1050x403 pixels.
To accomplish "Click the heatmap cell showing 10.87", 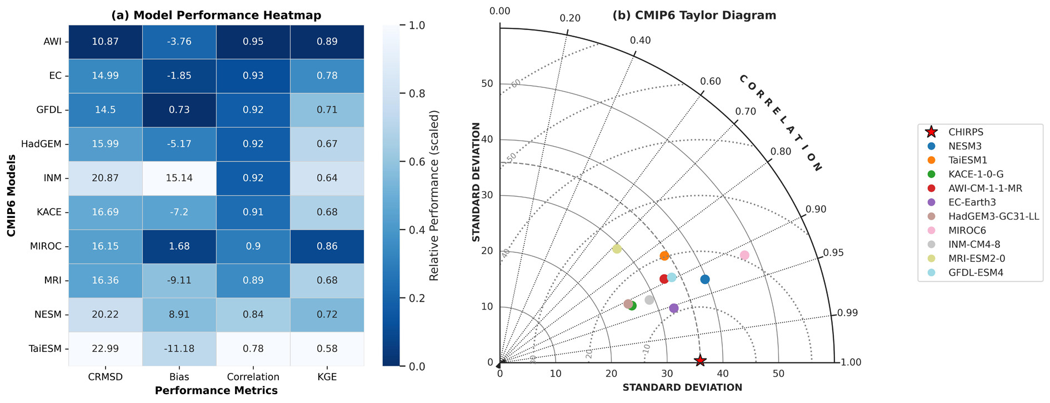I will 105,42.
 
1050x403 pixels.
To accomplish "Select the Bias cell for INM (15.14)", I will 179,178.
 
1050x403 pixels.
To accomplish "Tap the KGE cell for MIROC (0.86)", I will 327,246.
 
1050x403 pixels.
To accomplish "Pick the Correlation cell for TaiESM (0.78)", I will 253,349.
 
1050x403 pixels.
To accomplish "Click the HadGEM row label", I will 41,144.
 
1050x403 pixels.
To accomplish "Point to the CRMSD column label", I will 105,377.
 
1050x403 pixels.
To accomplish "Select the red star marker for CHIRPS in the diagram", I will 700,360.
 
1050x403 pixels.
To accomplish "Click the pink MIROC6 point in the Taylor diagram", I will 744,255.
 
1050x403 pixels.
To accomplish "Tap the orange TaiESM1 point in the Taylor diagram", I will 664,256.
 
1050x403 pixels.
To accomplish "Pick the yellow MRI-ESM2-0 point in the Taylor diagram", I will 617,248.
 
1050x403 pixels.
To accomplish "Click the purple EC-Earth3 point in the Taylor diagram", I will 674,308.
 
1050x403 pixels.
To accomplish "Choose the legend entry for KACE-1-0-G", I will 976,175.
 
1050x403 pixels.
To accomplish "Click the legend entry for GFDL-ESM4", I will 976,273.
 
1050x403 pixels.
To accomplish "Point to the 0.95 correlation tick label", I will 833,253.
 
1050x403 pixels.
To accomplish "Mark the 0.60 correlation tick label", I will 710,82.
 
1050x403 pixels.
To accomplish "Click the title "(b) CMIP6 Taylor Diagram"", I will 694,16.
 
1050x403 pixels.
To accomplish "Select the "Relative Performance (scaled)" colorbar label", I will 434,195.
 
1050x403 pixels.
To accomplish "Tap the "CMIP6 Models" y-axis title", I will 11,195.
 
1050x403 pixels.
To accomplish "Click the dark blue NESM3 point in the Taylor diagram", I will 705,279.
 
